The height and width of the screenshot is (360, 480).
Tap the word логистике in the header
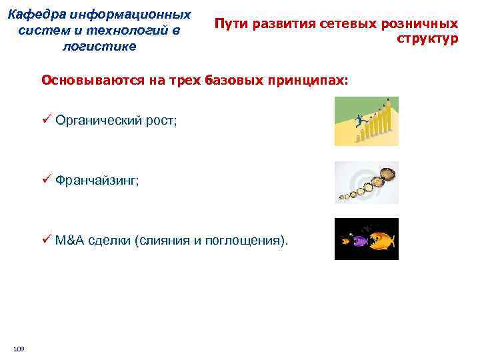(x=98, y=46)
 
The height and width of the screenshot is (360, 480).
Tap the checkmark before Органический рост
(x=46, y=120)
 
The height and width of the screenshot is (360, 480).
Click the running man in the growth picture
(x=359, y=121)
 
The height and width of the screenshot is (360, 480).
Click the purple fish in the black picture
(x=359, y=239)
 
